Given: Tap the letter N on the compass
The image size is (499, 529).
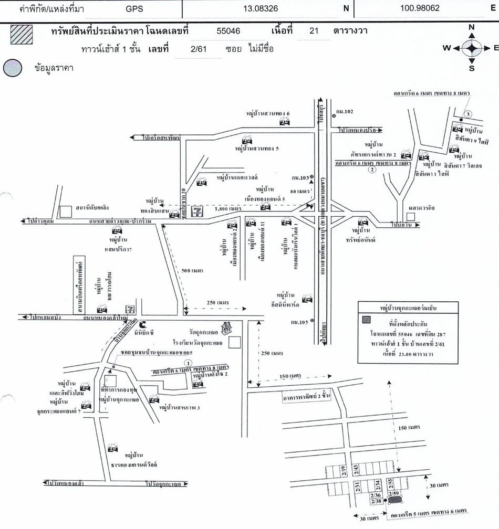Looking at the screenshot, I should [472, 27].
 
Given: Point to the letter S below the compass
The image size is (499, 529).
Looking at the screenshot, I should [472, 68].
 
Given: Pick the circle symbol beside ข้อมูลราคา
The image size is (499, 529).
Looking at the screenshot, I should [13, 68].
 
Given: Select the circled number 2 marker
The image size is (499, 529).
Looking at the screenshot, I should [372, 169].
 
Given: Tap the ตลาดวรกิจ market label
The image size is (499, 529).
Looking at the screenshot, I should [419, 206].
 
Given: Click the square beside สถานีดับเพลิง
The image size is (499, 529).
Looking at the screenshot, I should [65, 211].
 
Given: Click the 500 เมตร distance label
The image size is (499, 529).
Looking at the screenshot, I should [193, 270].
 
